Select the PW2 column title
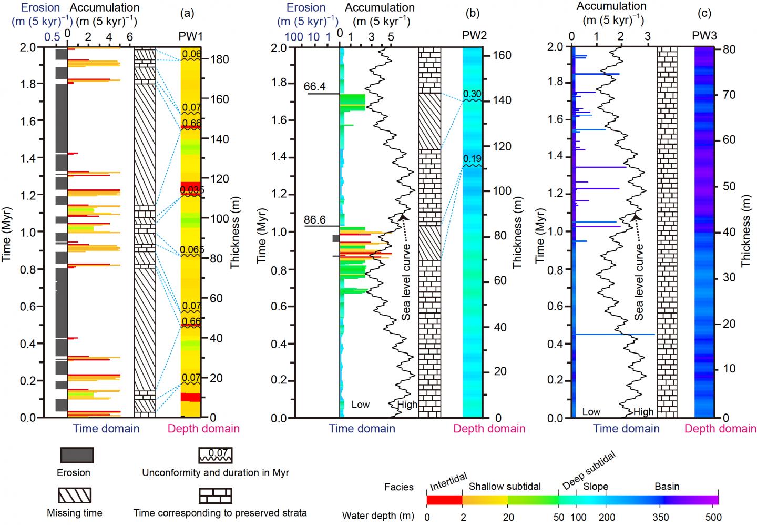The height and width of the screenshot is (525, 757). click(x=474, y=35)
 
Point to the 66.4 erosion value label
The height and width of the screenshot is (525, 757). click(x=315, y=86)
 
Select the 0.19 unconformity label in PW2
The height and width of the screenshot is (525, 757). click(x=472, y=159)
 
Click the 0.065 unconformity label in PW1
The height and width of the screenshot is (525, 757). click(x=191, y=250)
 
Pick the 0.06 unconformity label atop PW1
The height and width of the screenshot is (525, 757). click(x=191, y=54)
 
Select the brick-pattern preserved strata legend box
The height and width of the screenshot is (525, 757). click(x=215, y=496)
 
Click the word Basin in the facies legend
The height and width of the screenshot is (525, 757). click(x=667, y=487)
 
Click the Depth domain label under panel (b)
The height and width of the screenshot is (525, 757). click(x=489, y=429)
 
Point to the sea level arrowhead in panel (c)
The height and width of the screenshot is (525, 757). click(x=636, y=216)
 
